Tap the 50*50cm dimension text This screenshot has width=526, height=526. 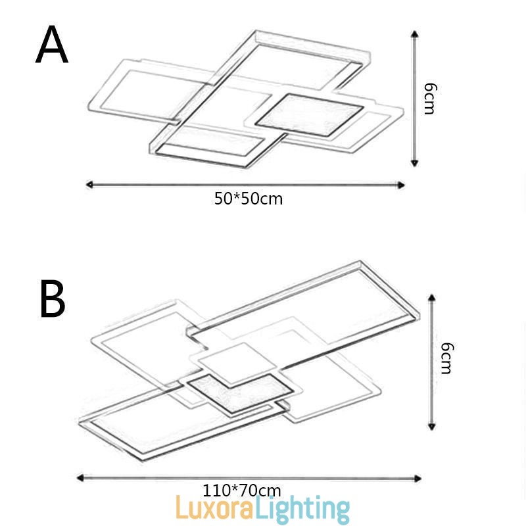click(249, 199)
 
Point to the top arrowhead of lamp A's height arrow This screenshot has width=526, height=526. click(414, 33)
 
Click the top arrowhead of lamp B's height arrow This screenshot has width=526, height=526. click(432, 298)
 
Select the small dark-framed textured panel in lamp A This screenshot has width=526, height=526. click(309, 114)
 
